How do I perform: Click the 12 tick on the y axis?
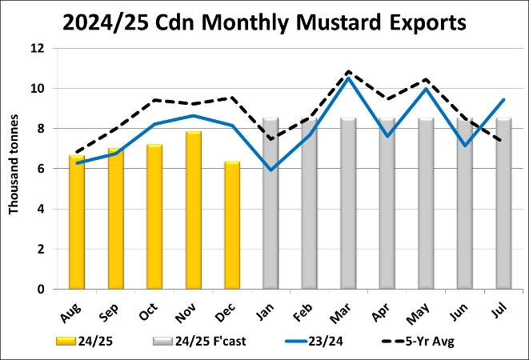[36, 48]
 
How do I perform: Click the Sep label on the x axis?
[113, 308]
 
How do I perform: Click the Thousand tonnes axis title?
[14, 169]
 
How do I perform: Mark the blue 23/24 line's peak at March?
[348, 78]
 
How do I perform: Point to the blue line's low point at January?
[271, 170]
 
